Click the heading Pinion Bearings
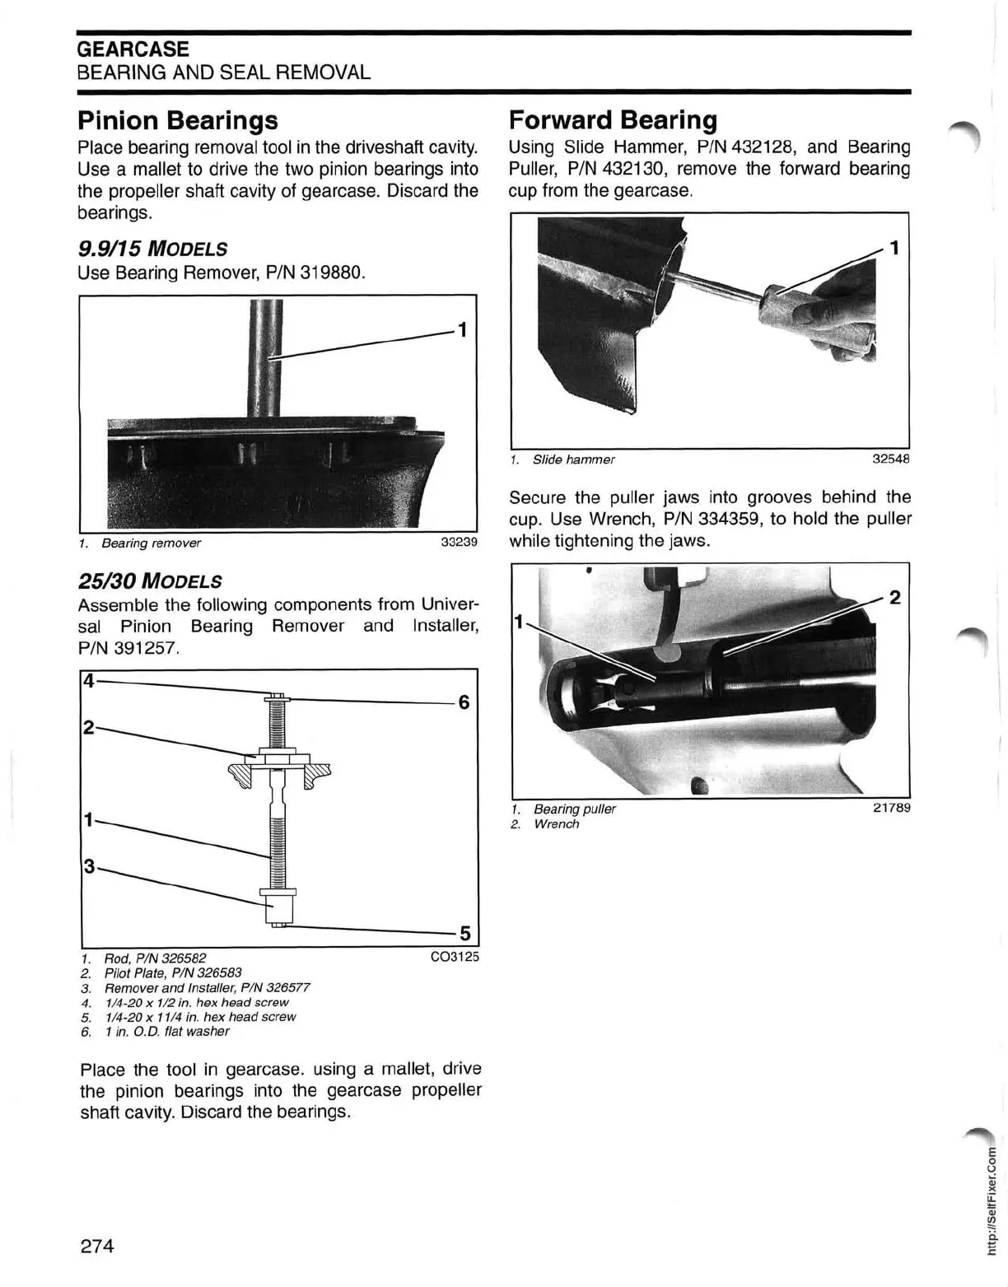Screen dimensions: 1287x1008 point(177,121)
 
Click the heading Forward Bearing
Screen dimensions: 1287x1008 point(613,120)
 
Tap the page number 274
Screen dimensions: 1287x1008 point(96,1245)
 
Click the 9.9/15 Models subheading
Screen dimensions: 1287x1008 point(152,249)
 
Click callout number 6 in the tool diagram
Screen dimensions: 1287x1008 point(464,702)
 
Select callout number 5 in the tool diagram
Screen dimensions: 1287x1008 point(464,933)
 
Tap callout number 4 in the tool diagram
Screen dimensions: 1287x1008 point(88,680)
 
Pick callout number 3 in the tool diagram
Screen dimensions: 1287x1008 point(89,865)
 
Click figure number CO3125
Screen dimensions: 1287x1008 point(454,958)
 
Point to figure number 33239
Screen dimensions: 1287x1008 point(459,543)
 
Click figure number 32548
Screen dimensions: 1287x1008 point(891,459)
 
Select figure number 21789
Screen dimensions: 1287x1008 point(891,808)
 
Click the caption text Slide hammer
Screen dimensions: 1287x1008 point(573,459)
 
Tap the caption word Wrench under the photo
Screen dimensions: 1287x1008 point(556,824)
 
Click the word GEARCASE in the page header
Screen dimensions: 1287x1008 point(133,49)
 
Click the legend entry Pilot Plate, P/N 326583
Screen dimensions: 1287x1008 point(173,972)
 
